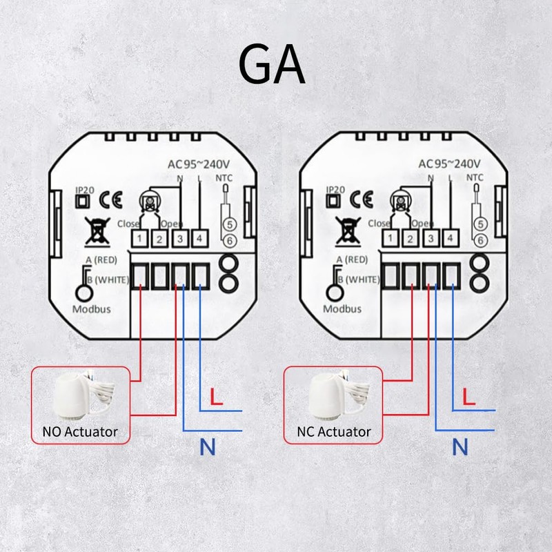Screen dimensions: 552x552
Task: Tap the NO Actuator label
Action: click(x=75, y=433)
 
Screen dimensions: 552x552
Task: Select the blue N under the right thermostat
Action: click(x=460, y=448)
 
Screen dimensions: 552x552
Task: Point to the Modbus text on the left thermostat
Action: click(x=91, y=309)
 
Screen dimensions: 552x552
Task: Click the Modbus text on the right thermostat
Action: click(x=342, y=309)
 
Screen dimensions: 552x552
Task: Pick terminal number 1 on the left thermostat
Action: click(x=139, y=239)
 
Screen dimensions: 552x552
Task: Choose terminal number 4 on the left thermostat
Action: click(x=199, y=239)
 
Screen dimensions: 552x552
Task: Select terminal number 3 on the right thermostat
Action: click(x=431, y=239)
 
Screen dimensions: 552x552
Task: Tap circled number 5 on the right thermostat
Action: click(x=480, y=223)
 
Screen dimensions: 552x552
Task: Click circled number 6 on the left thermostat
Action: click(x=229, y=239)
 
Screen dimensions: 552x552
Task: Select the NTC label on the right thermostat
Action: click(x=475, y=177)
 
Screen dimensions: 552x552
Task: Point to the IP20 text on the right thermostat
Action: click(x=335, y=189)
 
